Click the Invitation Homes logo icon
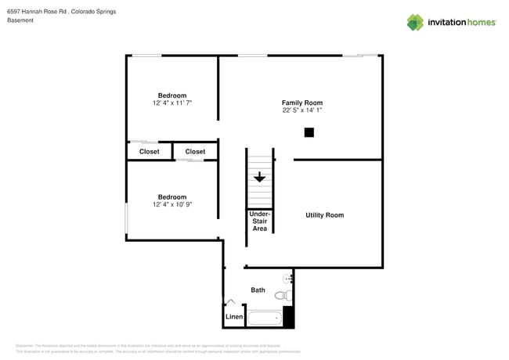415,22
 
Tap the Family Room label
301,103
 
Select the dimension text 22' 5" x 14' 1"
301,110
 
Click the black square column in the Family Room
309,132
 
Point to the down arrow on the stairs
258,178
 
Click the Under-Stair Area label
259,221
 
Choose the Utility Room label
324,214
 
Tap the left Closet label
149,151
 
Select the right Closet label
195,151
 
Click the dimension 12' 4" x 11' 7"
172,103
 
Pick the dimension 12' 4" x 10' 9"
172,204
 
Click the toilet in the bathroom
287,296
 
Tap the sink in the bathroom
289,278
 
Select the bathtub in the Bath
264,319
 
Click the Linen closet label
234,317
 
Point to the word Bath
258,290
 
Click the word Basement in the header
20,21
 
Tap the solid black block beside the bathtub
288,316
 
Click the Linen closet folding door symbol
230,302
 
